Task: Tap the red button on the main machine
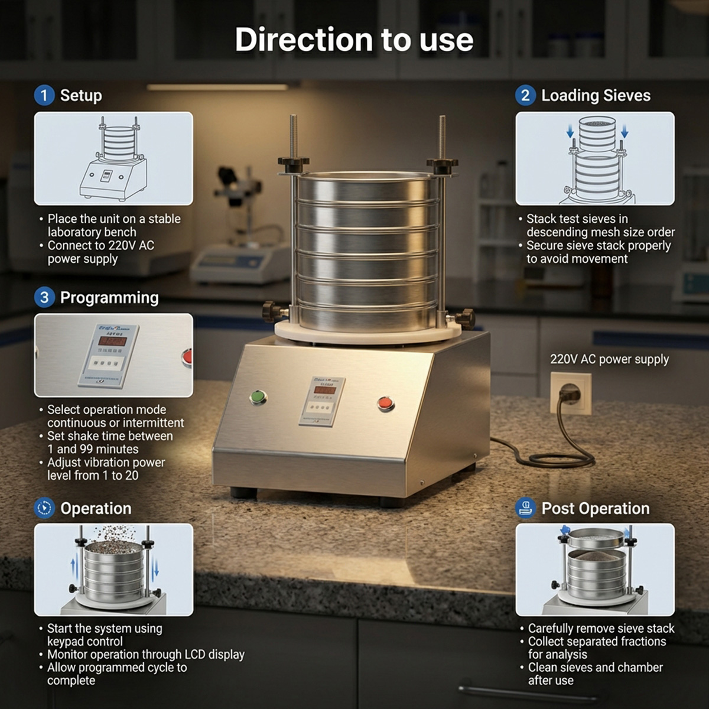385,404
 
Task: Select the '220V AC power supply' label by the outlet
609,359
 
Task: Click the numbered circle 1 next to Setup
44,95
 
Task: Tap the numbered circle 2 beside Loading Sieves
525,95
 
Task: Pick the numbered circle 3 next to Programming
44,297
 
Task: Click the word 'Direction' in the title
303,40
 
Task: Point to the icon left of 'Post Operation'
525,508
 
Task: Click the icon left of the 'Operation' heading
44,508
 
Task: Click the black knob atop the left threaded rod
294,162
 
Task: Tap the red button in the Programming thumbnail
187,356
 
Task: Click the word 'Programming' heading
109,297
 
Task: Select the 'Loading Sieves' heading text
596,95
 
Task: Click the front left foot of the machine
243,492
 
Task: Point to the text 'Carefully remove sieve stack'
601,628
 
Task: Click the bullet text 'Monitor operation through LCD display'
145,654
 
